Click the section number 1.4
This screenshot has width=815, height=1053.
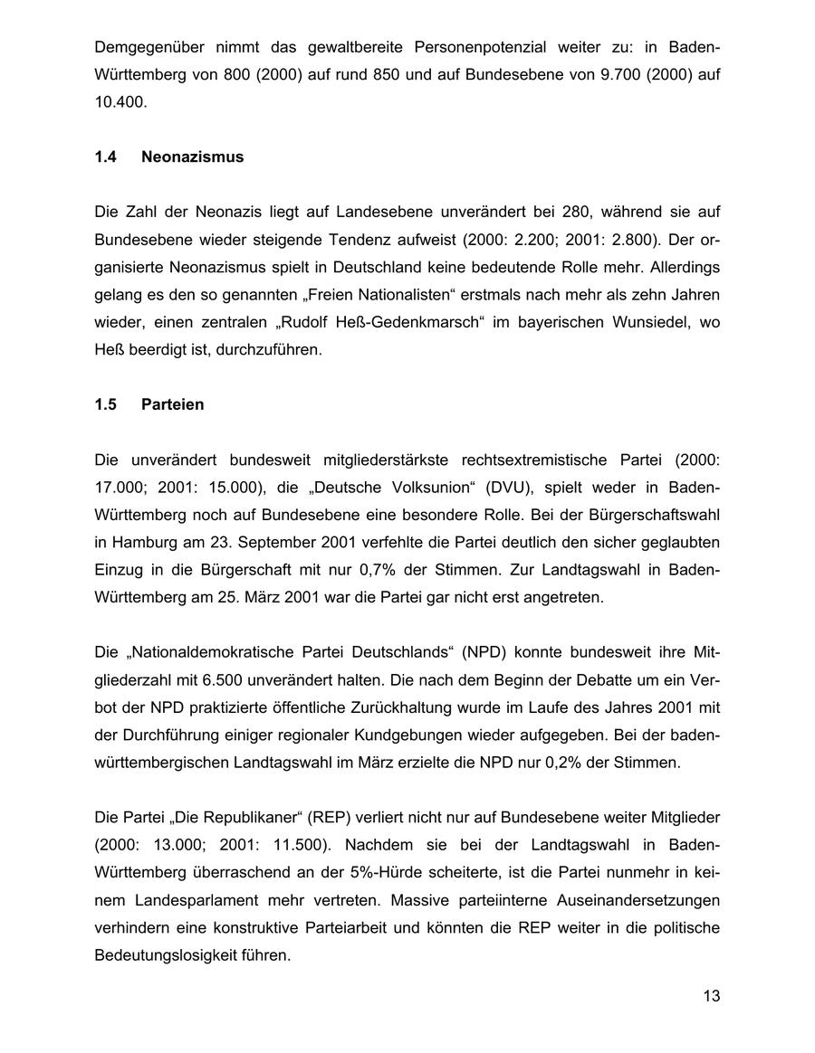point(106,157)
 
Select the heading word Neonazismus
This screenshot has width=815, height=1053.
point(192,157)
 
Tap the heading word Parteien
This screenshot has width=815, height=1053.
point(172,404)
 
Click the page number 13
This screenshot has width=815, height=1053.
point(711,996)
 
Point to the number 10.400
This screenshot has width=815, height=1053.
point(120,102)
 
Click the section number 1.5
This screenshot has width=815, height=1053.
point(106,404)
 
